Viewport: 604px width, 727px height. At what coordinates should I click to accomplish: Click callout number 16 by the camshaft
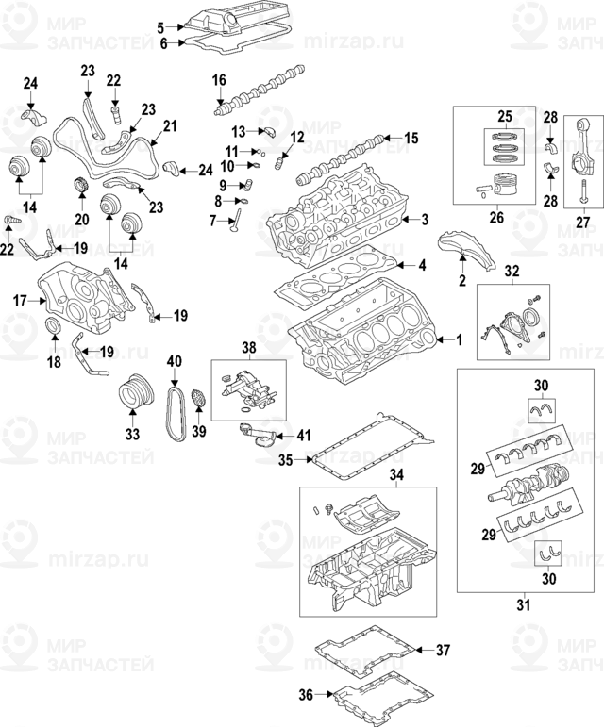[220, 80]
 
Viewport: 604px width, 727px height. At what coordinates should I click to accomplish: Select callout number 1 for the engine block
[460, 339]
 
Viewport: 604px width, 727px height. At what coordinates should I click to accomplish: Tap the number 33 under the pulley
[131, 435]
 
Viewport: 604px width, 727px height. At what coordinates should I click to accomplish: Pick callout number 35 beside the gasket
[285, 461]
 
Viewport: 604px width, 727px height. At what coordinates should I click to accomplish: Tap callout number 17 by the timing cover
[19, 301]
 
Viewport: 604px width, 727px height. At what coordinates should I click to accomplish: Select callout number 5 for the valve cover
[160, 26]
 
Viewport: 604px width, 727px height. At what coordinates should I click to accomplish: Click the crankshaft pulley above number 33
[133, 391]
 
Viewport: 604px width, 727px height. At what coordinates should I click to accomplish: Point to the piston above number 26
[495, 184]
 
